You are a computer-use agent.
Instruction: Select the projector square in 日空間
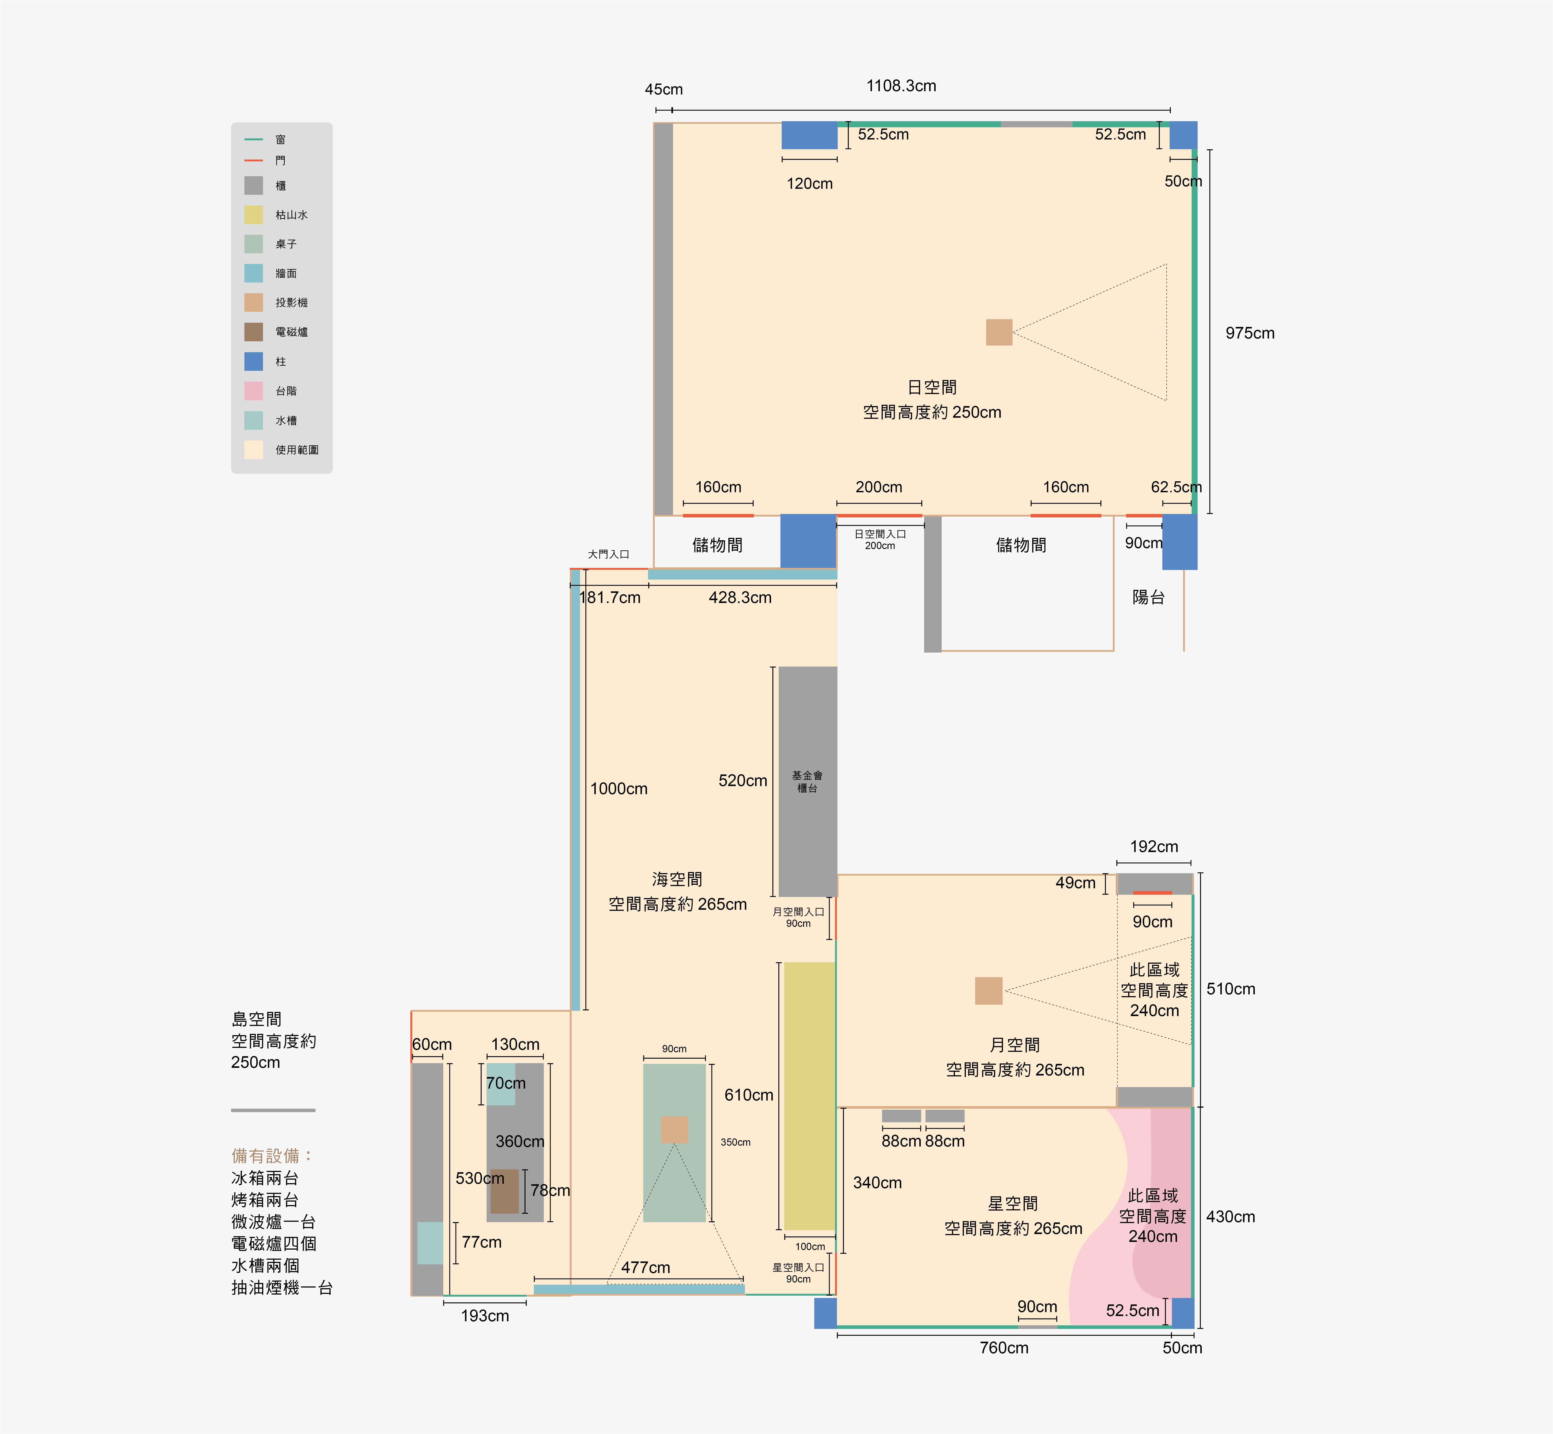999,332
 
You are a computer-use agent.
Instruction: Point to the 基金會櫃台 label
808,781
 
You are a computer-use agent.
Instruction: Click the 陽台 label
1148,597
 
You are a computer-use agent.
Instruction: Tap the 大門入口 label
608,554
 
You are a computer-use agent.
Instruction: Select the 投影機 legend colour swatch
254,303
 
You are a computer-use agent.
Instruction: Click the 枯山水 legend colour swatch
254,215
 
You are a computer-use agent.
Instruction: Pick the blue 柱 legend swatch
254,362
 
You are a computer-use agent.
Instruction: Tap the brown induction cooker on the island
504,1191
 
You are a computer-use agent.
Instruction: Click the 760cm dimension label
1004,1348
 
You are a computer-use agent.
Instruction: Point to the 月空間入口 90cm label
798,917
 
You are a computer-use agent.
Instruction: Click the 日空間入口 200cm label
880,539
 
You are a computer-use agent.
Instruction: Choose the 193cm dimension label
485,1316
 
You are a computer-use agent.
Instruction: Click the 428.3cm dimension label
740,597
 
